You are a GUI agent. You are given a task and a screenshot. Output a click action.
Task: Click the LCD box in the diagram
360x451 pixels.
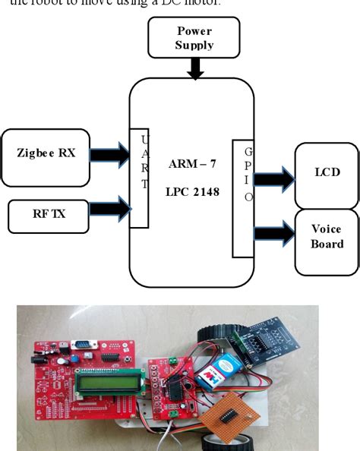click(x=327, y=173)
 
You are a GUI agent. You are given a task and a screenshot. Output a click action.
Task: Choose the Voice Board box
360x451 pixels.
click(x=327, y=237)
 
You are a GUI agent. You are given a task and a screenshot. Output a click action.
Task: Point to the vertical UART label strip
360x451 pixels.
click(x=139, y=177)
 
